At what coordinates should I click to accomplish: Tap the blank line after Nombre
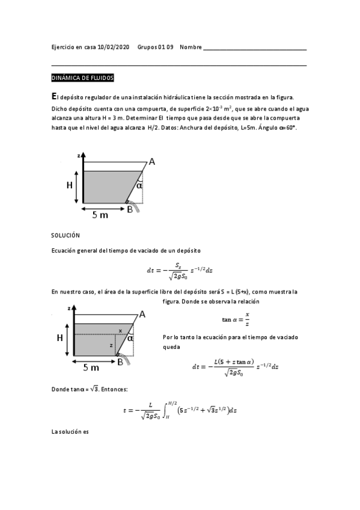[255, 48]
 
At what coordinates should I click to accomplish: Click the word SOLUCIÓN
[66, 235]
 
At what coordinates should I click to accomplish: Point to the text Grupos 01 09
[155, 48]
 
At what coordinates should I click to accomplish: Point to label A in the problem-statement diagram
[152, 161]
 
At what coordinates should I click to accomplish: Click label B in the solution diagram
[120, 362]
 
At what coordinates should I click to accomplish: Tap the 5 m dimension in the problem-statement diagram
[100, 215]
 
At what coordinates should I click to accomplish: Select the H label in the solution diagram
[60, 338]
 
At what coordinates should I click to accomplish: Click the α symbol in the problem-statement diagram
[139, 186]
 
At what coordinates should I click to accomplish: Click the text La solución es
[70, 432]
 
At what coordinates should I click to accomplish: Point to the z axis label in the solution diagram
[70, 308]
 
